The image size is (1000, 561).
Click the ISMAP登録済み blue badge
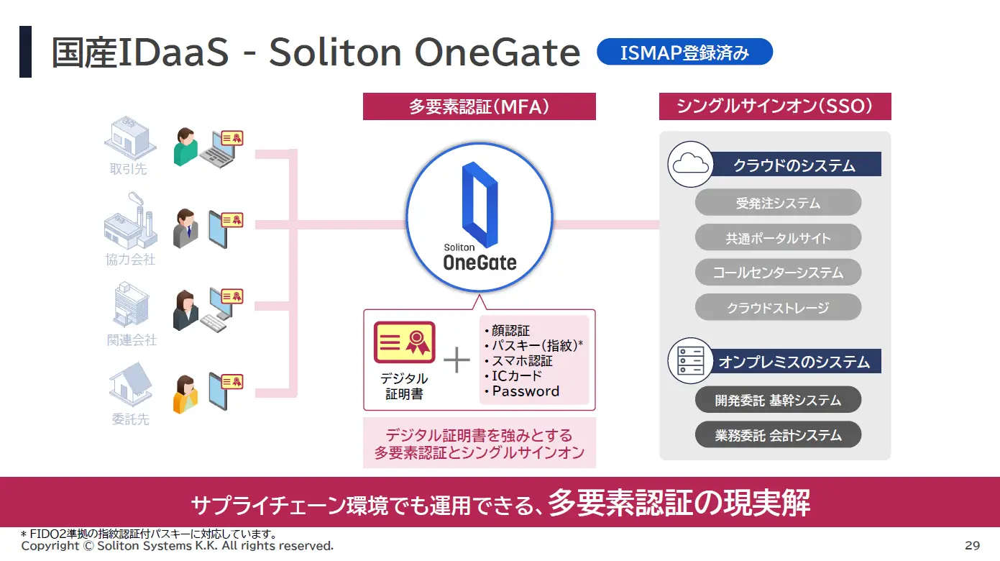pos(684,52)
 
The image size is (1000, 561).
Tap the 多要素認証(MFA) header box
pos(479,106)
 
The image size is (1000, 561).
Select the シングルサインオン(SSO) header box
pos(775,106)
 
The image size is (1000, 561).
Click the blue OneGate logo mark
pos(480,204)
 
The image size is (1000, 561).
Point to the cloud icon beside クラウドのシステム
pos(691,164)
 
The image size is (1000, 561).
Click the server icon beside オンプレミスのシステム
pos(691,361)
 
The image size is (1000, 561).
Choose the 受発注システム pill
pos(778,202)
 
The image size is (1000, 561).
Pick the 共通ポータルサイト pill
pos(778,237)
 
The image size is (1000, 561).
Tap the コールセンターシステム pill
pos(778,272)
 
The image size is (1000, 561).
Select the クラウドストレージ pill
pos(778,307)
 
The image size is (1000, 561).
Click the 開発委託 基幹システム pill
pos(778,399)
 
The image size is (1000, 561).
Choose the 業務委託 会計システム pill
pos(778,434)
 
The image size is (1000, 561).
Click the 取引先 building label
pos(128,169)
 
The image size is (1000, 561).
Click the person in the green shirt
pos(185,147)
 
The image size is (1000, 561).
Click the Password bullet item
pos(525,391)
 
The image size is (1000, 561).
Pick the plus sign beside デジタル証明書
pos(457,360)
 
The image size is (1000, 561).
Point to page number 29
pos(972,545)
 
